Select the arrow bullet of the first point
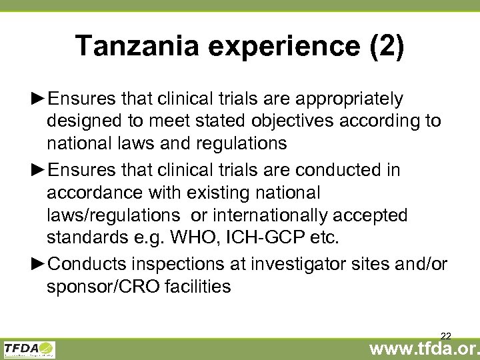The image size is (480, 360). point(38,99)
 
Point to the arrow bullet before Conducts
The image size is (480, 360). point(38,265)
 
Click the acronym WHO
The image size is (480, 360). point(179,238)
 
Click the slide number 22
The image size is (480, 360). point(446,335)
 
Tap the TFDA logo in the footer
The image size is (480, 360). point(29,349)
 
